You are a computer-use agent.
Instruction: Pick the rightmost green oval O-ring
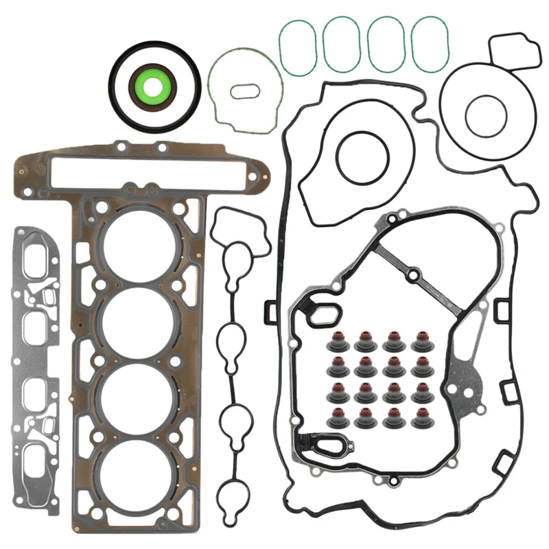tap(429, 44)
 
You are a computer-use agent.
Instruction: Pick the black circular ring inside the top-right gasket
tap(486, 115)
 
